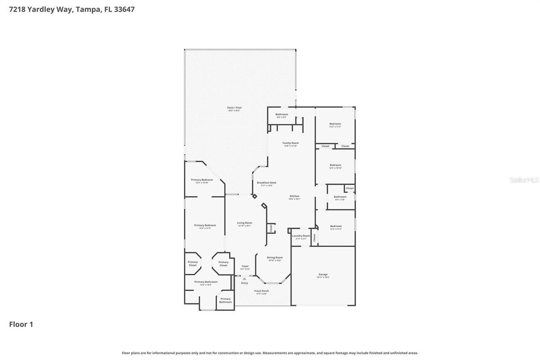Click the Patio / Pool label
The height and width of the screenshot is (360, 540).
pos(234,108)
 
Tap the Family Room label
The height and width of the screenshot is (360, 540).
pos(290,143)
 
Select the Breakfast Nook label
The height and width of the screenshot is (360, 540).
pos(266,183)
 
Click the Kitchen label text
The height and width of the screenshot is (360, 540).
pos(294,196)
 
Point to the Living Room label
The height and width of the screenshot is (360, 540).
pos(244,223)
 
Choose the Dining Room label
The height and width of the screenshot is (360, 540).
pos(275,257)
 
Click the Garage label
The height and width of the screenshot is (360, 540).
pos(323,275)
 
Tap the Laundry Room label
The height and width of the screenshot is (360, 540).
pos(301,236)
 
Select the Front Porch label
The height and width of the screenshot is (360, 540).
pos(261,291)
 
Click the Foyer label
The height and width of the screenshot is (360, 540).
pos(245,266)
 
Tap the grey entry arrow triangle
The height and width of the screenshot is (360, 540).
pos(244,279)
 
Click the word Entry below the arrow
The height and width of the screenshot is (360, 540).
pos(244,283)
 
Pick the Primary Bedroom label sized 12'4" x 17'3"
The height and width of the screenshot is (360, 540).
pos(205,225)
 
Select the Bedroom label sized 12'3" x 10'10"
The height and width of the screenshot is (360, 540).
pos(335,165)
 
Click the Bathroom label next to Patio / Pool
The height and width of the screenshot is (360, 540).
pos(281,114)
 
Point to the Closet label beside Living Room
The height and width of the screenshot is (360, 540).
pos(271,228)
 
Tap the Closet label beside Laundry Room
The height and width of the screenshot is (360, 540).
pos(314,238)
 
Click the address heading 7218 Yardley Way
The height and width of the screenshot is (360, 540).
pos(72,9)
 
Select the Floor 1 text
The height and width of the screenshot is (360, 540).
pos(21,324)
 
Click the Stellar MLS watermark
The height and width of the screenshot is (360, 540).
pos(524,180)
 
